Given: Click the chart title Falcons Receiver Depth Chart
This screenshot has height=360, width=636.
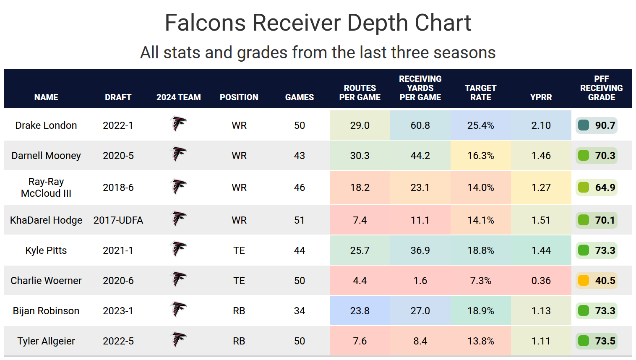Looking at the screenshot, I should [x=318, y=23].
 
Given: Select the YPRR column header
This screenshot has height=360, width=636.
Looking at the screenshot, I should [x=541, y=97].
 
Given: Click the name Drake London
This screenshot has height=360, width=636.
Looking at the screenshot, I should [x=46, y=125].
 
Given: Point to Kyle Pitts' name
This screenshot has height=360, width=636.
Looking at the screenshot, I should [x=46, y=250].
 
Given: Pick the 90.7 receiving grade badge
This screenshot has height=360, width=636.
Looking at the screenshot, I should [x=596, y=125].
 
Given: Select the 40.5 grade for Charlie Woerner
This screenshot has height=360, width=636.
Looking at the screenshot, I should [x=596, y=281].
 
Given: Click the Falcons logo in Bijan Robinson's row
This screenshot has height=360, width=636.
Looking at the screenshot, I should [x=178, y=310].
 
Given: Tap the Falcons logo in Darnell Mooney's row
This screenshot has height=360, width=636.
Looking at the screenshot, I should [x=178, y=155].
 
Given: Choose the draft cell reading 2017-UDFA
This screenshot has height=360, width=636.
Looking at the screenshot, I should [x=118, y=220].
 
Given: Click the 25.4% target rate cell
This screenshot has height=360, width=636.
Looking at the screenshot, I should [x=480, y=125].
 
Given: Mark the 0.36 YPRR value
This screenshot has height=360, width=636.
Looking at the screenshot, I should [x=541, y=281].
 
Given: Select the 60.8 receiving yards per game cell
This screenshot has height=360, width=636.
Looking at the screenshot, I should [x=420, y=125].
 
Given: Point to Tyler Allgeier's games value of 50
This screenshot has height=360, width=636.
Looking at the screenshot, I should [x=300, y=341].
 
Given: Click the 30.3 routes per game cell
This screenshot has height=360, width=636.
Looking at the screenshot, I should [x=360, y=156].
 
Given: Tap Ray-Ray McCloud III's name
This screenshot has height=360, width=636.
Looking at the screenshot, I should [x=46, y=188].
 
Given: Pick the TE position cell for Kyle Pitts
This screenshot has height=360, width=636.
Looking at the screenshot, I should [x=239, y=250].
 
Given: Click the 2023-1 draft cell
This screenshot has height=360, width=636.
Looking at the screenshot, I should [x=118, y=311].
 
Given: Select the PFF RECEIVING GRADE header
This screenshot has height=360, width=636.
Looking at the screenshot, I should [x=601, y=88].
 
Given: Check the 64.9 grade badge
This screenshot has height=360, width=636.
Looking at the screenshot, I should [x=596, y=188].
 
